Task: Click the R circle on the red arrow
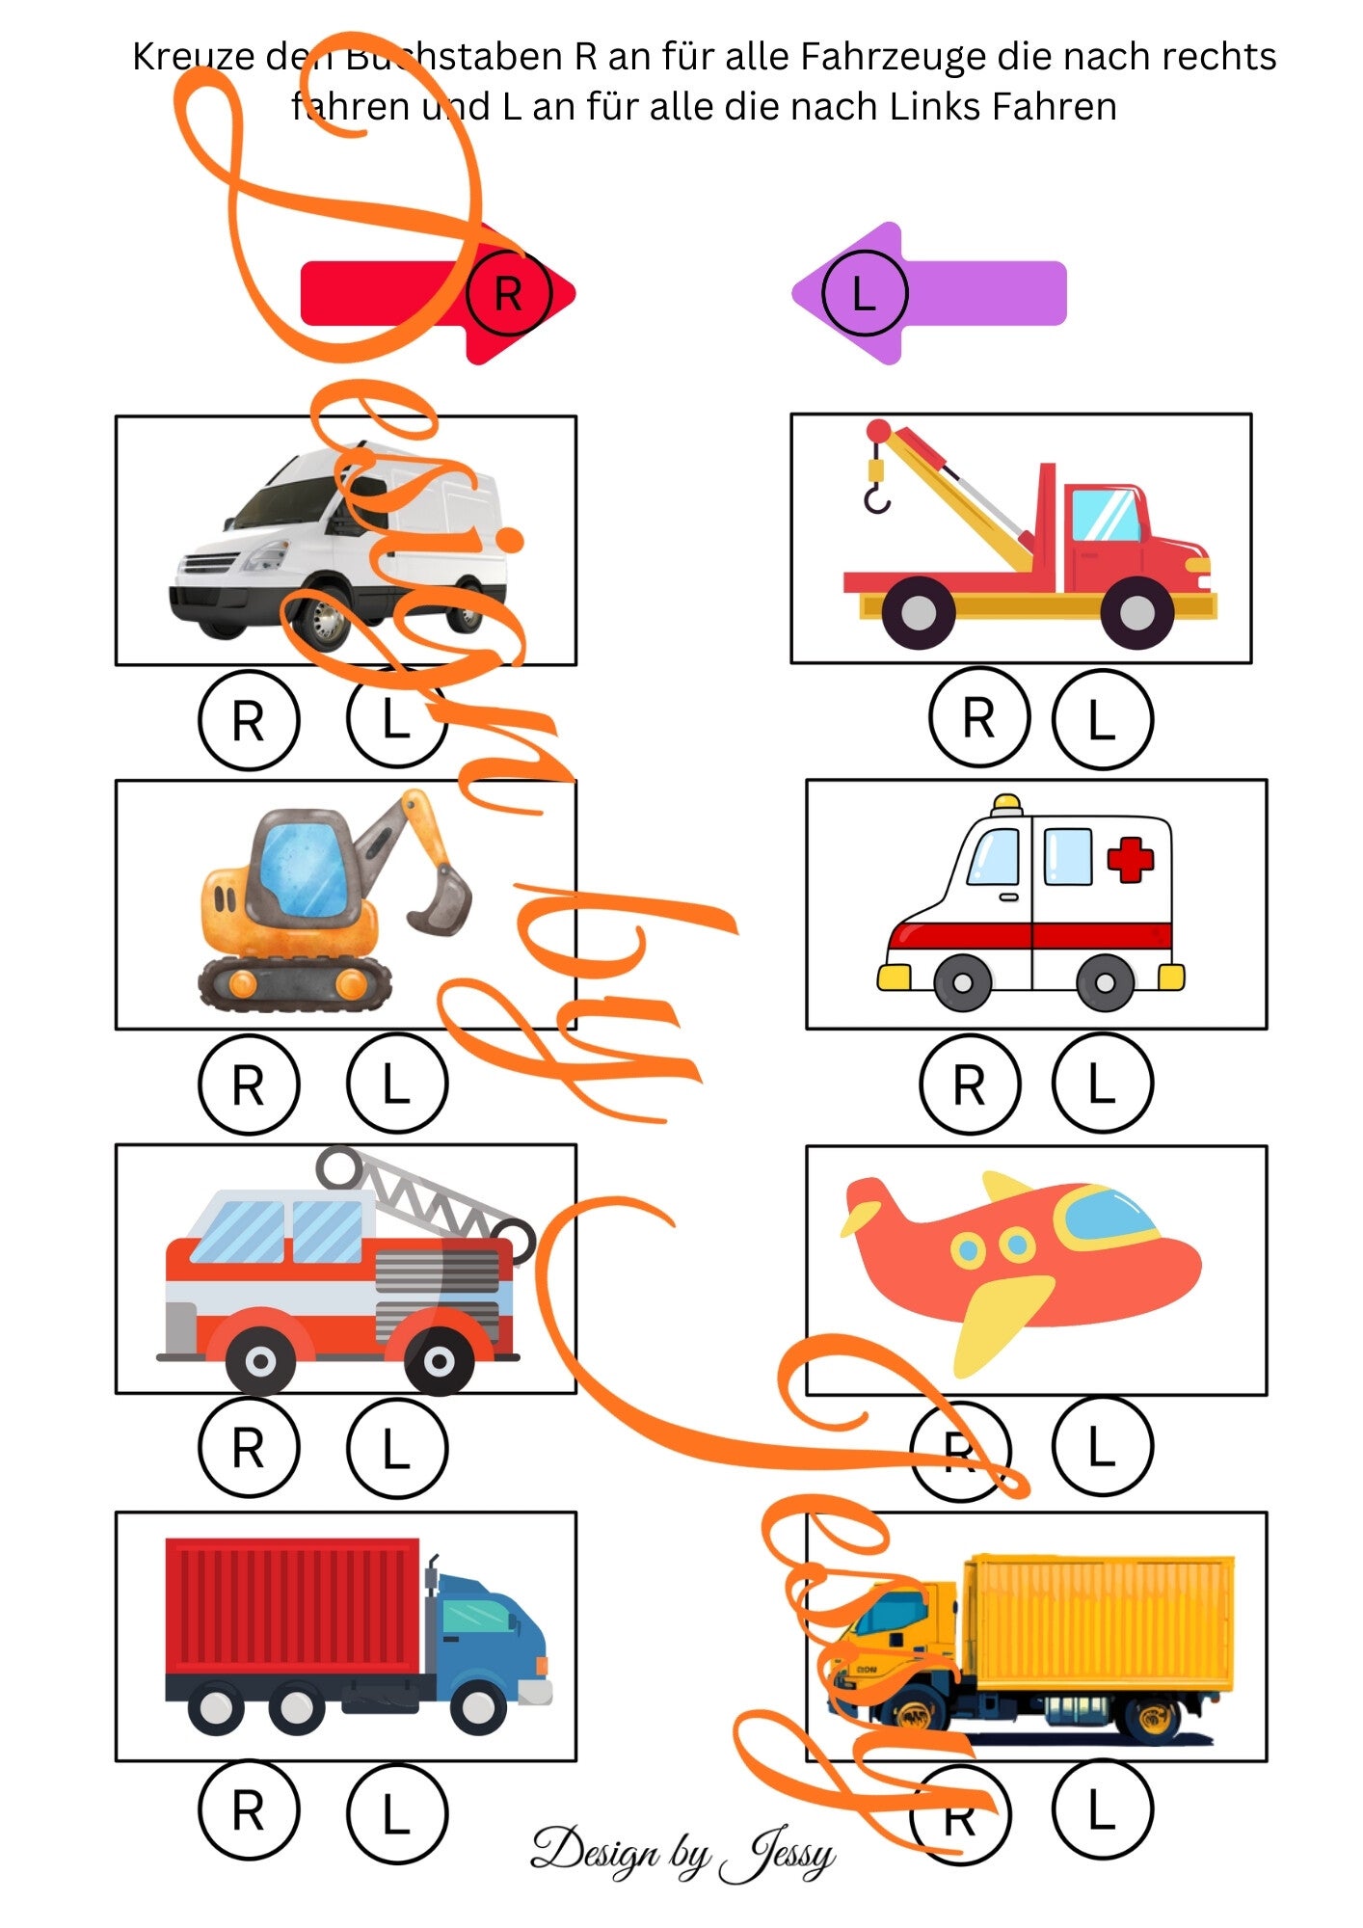[x=508, y=293]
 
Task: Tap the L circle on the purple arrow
[x=865, y=293]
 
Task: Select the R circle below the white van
[x=249, y=720]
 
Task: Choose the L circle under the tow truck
[x=1102, y=719]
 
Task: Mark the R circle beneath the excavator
[x=249, y=1084]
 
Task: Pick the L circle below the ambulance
[x=1102, y=1083]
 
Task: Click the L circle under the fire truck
[x=396, y=1448]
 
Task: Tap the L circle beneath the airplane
[x=1102, y=1446]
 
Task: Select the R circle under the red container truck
[x=249, y=1810]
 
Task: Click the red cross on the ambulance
[x=1130, y=859]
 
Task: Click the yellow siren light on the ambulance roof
[x=1007, y=804]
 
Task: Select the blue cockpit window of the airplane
[x=1109, y=1215]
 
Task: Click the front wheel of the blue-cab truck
[x=478, y=1706]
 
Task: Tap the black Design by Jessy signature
[x=682, y=1853]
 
